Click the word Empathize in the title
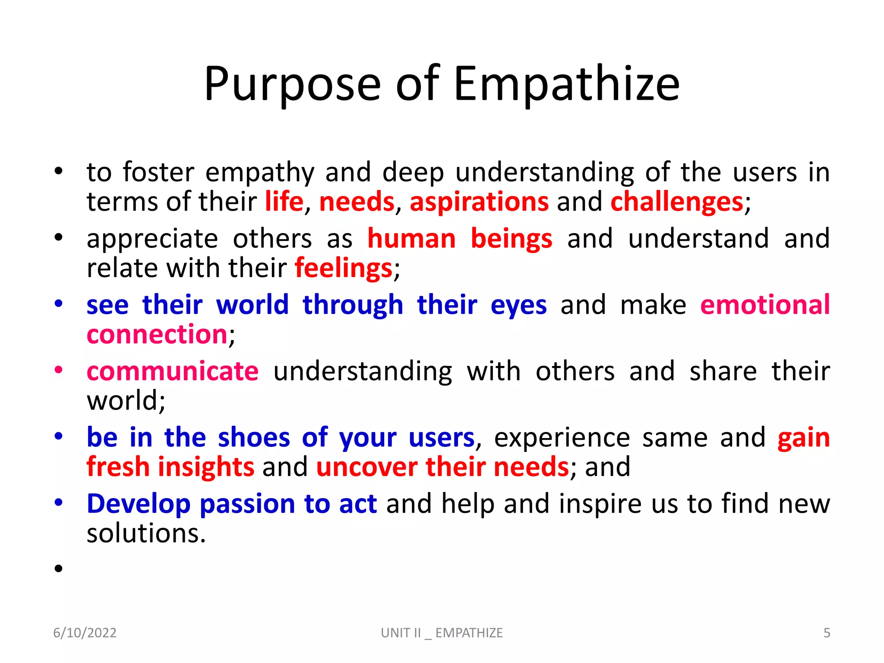pyautogui.click(x=566, y=84)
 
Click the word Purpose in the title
pyautogui.click(x=292, y=84)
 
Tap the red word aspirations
pyautogui.click(x=479, y=202)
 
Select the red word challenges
pyautogui.click(x=677, y=202)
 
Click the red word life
pyautogui.click(x=284, y=202)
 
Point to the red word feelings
pyautogui.click(x=344, y=268)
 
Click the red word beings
pyautogui.click(x=511, y=239)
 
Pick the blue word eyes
pyautogui.click(x=518, y=305)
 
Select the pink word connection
pyautogui.click(x=157, y=335)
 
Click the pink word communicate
pyautogui.click(x=173, y=371)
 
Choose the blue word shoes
pyautogui.click(x=254, y=438)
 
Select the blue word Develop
pyautogui.click(x=139, y=504)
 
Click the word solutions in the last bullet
pyautogui.click(x=146, y=534)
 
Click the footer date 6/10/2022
pyautogui.click(x=85, y=633)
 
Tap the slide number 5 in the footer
pyautogui.click(x=827, y=633)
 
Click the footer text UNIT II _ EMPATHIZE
pyautogui.click(x=442, y=633)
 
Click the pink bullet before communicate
pyautogui.click(x=59, y=370)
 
